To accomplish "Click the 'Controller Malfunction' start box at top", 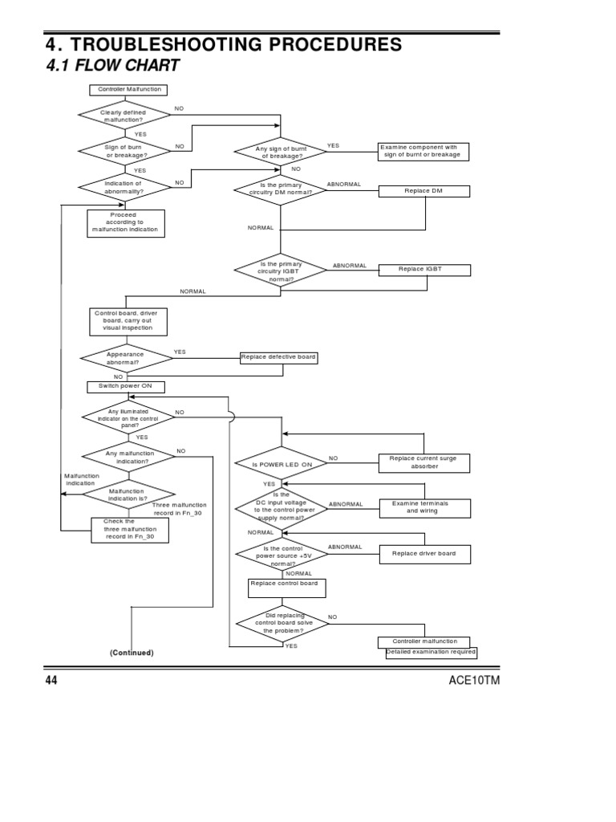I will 128,89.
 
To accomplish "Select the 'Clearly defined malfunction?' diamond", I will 124,116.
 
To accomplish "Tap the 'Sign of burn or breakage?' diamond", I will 124,151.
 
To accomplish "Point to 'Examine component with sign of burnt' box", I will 423,151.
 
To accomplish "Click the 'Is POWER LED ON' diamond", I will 280,464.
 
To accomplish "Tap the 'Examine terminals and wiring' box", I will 423,507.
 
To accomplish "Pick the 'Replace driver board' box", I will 423,553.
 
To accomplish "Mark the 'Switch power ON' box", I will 125,386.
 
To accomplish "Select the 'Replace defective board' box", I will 278,357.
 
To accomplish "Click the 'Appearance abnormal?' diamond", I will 125,357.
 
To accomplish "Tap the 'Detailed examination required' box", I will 431,653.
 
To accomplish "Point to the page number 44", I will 51,681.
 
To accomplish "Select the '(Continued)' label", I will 132,653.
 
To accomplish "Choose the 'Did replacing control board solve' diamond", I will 280,624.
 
